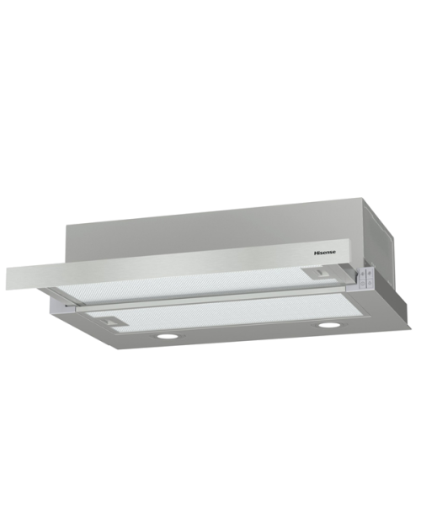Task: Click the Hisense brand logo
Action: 325,253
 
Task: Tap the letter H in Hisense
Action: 316,253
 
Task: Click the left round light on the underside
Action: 167,337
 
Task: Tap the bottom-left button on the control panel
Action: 362,284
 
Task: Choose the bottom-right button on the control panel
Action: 370,283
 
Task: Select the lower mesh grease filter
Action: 230,313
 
